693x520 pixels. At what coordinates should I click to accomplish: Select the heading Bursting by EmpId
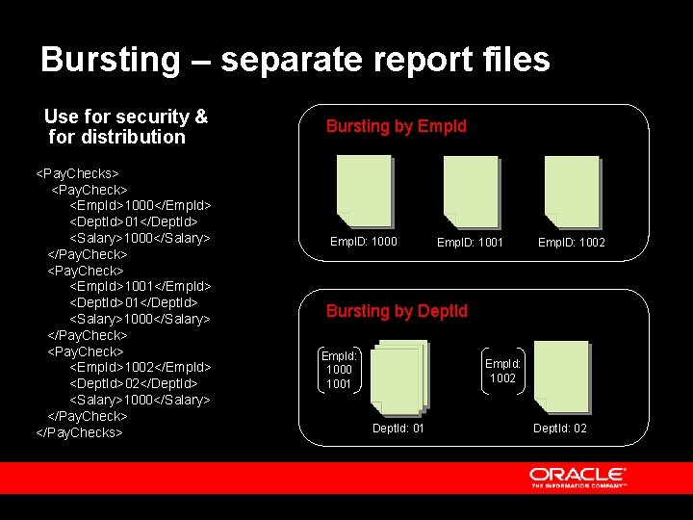[x=396, y=126]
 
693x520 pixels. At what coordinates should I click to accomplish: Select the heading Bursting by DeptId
[x=397, y=311]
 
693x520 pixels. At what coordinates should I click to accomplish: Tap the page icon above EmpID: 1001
[x=471, y=190]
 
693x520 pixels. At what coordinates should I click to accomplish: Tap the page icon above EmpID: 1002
[x=572, y=190]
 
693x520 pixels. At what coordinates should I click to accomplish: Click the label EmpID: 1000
[x=363, y=242]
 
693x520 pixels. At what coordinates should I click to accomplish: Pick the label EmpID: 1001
[x=470, y=243]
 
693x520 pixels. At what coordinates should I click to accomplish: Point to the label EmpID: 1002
[x=572, y=243]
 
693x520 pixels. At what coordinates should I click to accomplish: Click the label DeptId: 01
[x=398, y=428]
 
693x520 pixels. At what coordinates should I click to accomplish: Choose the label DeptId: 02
[x=560, y=428]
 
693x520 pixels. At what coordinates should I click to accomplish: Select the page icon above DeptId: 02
[x=562, y=376]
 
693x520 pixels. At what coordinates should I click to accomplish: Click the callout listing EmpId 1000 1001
[x=339, y=370]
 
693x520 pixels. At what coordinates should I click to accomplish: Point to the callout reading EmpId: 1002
[x=502, y=371]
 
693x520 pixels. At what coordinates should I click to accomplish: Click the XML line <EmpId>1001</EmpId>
[x=141, y=286]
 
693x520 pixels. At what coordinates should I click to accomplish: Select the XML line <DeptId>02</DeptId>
[x=134, y=383]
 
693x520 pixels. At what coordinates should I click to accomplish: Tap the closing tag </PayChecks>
[x=79, y=432]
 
